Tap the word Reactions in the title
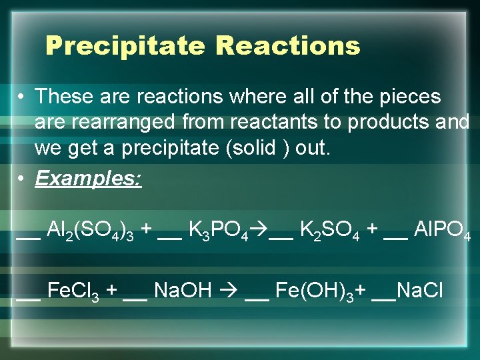[288, 47]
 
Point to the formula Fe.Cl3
[73, 291]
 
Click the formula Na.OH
[182, 291]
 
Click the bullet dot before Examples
[23, 179]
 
